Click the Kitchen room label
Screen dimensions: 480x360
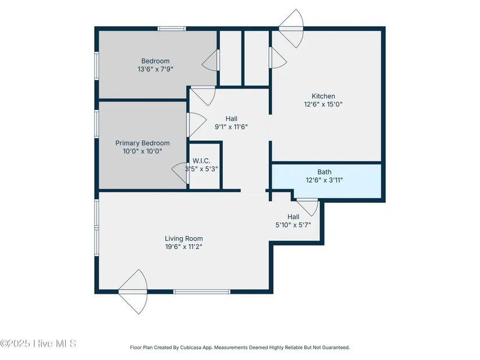click(323, 96)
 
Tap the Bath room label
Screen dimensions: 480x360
click(324, 172)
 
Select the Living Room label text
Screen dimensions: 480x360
click(184, 238)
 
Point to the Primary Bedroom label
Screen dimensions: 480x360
click(143, 143)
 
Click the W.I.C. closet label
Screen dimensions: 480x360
click(201, 161)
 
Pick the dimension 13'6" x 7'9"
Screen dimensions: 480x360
click(155, 69)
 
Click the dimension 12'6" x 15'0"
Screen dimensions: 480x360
click(323, 104)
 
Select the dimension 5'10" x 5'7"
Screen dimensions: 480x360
click(293, 225)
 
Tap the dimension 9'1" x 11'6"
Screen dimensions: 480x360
click(232, 127)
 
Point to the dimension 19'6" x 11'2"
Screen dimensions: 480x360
click(184, 247)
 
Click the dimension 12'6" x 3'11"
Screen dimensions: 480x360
click(324, 180)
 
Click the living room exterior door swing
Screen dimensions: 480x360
click(133, 292)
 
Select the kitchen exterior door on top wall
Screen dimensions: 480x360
click(291, 28)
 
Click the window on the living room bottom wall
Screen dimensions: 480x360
click(202, 292)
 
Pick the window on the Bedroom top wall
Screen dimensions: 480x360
click(172, 28)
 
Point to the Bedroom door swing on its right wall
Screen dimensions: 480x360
click(211, 60)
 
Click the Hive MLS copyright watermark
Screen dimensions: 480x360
click(38, 344)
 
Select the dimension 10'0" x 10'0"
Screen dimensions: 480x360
click(143, 151)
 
